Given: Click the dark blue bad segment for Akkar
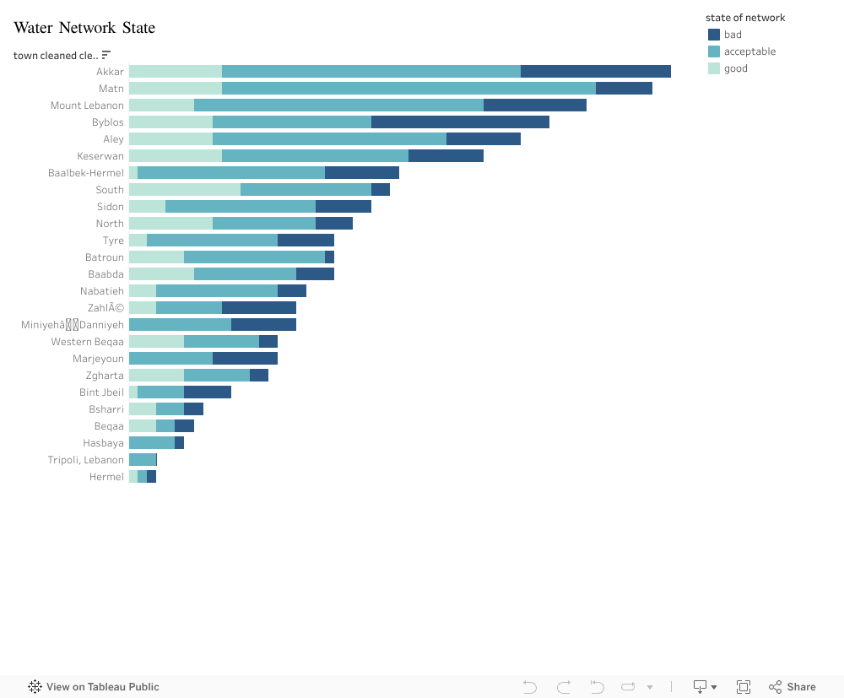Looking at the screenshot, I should click(595, 72).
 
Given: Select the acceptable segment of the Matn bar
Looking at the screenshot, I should click(408, 89).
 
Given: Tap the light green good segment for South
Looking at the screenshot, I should click(184, 190).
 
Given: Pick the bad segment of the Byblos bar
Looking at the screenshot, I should click(460, 122).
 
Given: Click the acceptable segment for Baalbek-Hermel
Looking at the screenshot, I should click(230, 173).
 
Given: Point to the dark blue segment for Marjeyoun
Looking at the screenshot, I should click(245, 359).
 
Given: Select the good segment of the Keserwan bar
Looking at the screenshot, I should click(175, 156).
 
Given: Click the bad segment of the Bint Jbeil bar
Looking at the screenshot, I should click(207, 392).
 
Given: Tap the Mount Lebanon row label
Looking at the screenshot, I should click(87, 106).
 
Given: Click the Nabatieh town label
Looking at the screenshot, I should click(101, 291).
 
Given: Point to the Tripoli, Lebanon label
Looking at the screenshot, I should click(85, 460).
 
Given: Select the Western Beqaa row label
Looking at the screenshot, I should click(87, 342).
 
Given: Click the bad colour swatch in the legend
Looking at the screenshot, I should click(714, 35).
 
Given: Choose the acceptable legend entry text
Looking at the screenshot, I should click(749, 51).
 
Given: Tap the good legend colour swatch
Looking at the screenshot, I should click(714, 68).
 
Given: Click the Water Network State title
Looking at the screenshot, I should click(84, 28).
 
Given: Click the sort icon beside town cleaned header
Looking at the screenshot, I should click(106, 56).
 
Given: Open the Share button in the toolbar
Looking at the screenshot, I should click(792, 687).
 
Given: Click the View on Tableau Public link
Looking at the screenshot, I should click(94, 687).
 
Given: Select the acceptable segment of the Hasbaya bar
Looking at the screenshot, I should click(151, 443).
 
